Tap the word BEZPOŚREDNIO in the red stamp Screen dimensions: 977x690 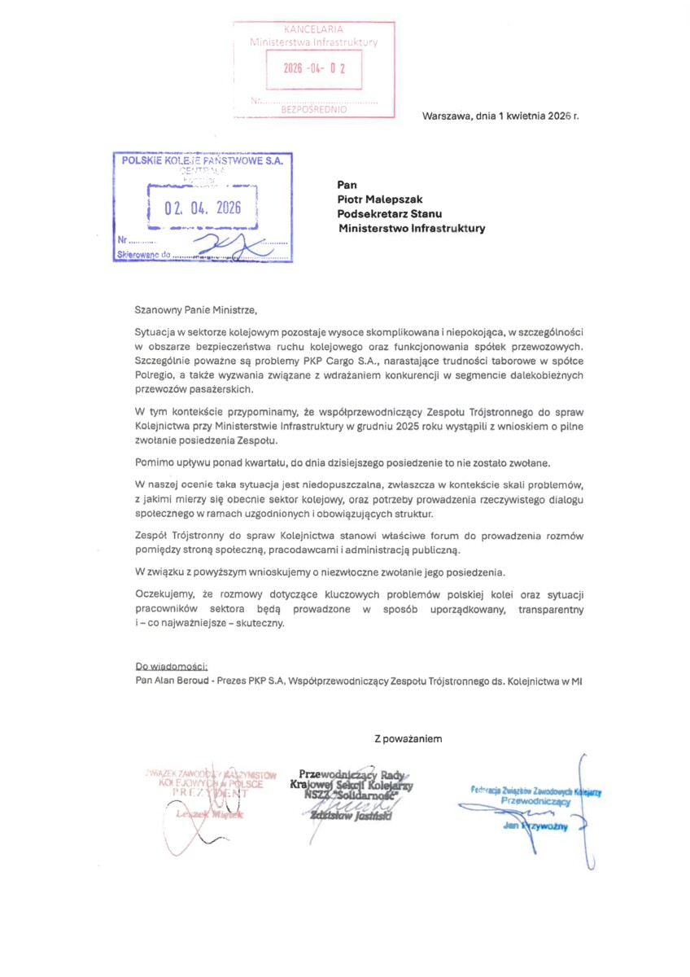pos(314,108)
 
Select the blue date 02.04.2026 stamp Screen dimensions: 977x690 pos(203,208)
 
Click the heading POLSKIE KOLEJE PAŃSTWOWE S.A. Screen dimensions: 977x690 pos(202,161)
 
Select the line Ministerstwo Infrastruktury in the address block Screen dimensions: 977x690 pos(412,229)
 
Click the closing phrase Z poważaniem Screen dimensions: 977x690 pos(408,739)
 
